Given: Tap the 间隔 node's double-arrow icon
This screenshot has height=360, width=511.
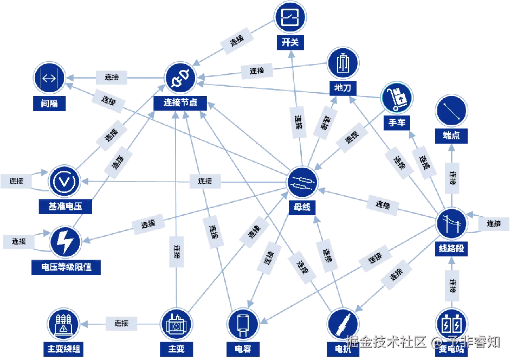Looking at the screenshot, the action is [49, 78].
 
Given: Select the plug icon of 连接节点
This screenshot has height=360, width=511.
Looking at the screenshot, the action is [179, 78].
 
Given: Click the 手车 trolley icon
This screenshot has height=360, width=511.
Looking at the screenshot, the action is [397, 98].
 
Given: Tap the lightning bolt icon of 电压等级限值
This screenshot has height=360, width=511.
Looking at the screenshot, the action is [66, 242].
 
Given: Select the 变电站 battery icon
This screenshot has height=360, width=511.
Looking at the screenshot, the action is [451, 324].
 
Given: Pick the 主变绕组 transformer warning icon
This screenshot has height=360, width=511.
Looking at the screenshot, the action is [64, 324].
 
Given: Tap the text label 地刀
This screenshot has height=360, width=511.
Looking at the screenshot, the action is [343, 88].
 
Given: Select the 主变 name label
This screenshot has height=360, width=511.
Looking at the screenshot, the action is [177, 348].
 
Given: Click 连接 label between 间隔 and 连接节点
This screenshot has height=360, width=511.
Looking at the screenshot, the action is [112, 77].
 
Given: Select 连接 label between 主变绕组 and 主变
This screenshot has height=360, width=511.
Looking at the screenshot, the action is [121, 323].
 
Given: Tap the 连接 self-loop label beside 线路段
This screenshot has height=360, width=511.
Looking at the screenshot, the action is [493, 223].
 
